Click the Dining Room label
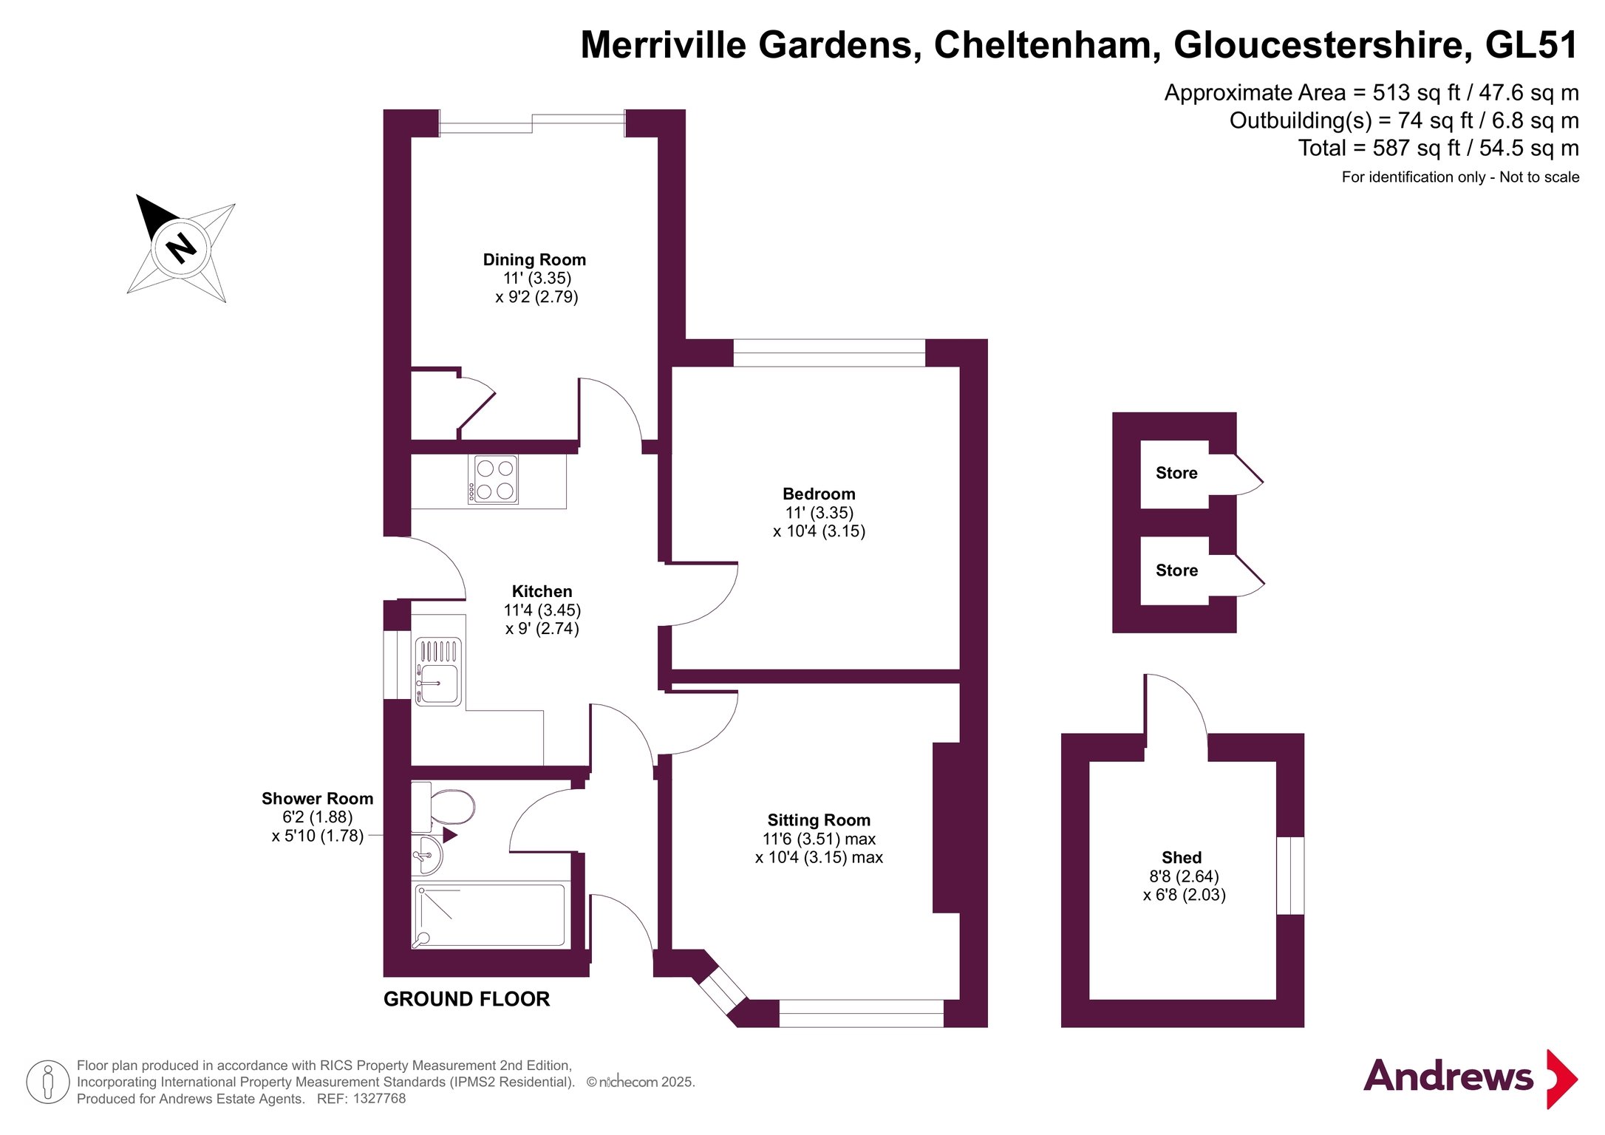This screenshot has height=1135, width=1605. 534,260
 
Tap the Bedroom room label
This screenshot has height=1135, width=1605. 819,494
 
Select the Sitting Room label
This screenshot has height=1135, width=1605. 819,820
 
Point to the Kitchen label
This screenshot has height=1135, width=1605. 542,592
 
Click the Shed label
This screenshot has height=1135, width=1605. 1182,858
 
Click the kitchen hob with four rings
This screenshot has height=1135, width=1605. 493,480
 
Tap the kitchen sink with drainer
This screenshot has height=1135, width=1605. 439,672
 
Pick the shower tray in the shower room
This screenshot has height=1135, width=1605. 490,916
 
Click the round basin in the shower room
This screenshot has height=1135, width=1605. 426,856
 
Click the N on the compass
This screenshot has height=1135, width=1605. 180,248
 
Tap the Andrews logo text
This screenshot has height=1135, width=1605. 1448,1076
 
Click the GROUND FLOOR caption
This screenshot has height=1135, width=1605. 466,999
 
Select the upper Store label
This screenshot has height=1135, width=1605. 1176,473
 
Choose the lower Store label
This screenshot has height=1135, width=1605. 1176,570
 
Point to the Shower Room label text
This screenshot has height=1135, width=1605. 317,799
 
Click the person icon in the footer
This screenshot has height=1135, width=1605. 48,1082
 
